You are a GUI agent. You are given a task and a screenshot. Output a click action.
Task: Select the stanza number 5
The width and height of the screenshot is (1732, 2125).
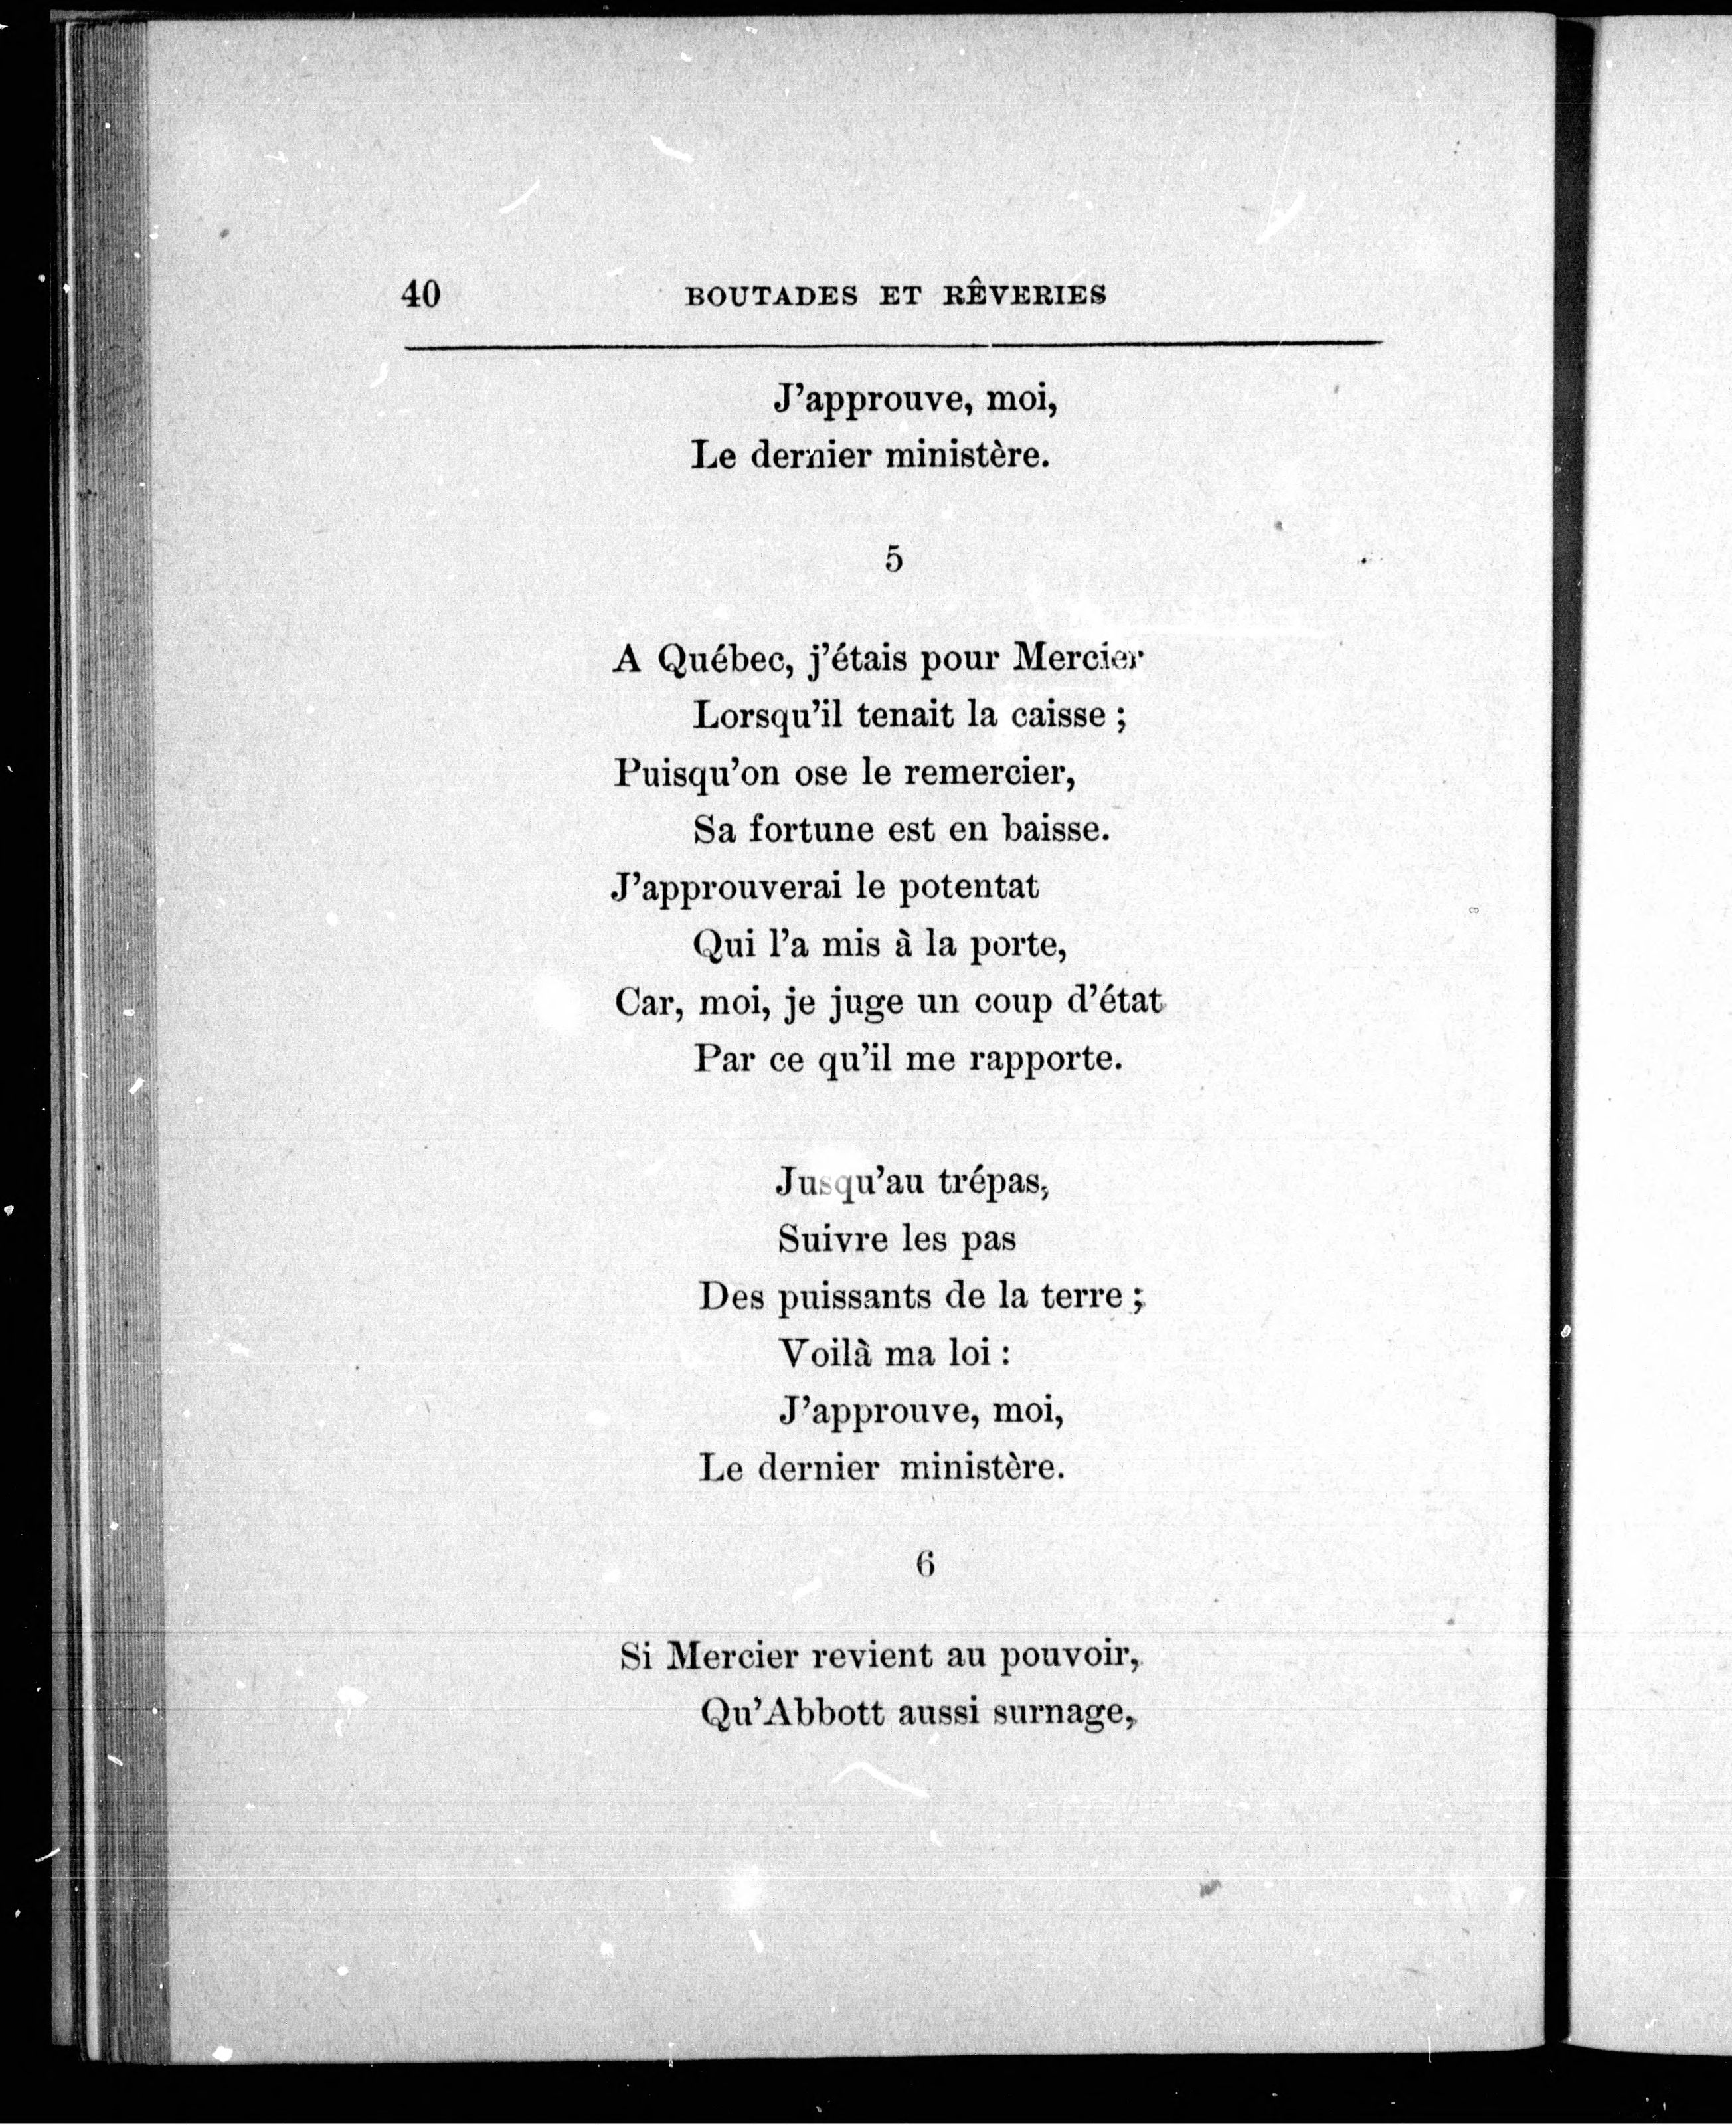click(893, 560)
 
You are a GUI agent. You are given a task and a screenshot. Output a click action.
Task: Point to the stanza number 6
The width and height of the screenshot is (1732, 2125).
click(925, 1565)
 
